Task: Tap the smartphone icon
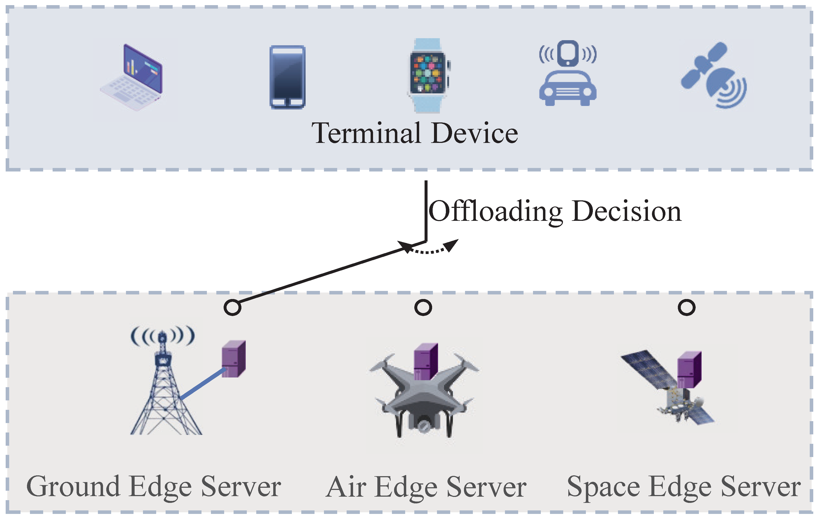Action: [x=288, y=77]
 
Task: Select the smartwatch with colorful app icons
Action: [x=428, y=75]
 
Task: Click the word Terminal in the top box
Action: [x=366, y=133]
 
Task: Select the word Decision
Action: [x=627, y=212]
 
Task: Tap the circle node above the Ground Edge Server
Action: [x=232, y=307]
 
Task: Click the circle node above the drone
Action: [x=423, y=307]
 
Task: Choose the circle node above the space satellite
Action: [x=686, y=307]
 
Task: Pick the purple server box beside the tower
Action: [x=234, y=359]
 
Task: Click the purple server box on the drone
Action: [x=425, y=361]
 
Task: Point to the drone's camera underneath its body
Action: [x=423, y=425]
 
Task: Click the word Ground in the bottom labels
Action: [x=73, y=487]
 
